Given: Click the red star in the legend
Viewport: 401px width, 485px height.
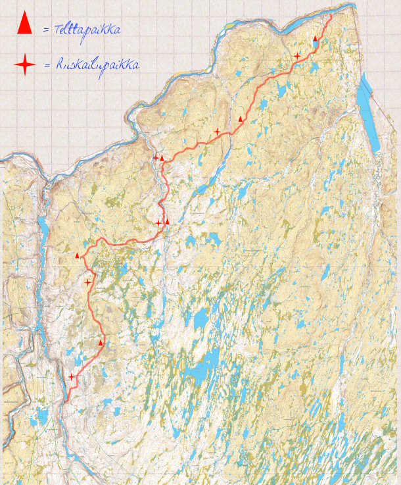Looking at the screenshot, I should [x=25, y=64].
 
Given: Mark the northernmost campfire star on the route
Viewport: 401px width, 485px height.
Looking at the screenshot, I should [x=297, y=56].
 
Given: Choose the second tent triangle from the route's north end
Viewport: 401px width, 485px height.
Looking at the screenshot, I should [x=241, y=119].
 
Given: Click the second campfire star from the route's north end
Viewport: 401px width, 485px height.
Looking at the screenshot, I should [x=218, y=132].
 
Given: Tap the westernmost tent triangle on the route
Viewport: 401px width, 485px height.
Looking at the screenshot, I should [x=78, y=255].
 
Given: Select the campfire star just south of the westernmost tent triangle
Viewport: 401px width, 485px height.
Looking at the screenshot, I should [x=88, y=282].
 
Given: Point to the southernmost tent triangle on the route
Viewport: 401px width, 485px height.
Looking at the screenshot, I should [x=101, y=343].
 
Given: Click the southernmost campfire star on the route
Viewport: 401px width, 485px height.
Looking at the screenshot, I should [x=72, y=376].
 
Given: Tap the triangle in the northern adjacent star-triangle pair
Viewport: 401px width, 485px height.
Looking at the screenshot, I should [x=162, y=158].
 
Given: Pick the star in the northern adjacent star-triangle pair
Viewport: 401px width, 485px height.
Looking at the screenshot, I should [x=156, y=157].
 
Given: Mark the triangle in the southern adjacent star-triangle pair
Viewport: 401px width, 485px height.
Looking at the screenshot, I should [x=168, y=222].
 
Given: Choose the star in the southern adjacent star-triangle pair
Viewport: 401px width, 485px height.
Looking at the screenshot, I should [x=158, y=224].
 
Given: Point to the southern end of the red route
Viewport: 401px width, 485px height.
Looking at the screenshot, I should [x=66, y=401].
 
